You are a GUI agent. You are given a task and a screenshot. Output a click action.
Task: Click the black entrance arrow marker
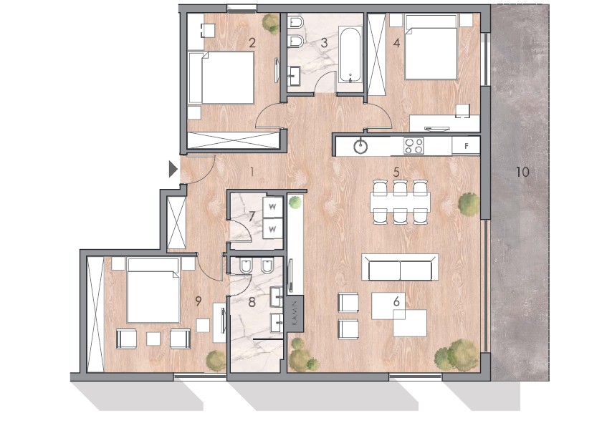[173, 170]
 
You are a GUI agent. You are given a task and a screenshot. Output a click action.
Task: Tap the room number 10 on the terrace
[522, 172]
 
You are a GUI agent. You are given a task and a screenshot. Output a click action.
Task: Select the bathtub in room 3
[350, 55]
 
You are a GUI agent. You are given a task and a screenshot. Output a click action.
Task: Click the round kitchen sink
[360, 146]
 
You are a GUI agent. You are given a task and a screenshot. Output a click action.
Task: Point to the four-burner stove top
[414, 146]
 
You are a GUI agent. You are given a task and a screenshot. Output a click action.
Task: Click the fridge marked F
[466, 146]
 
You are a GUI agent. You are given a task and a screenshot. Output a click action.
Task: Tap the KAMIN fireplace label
[295, 314]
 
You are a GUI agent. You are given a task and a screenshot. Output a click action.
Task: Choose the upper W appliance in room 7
[272, 207]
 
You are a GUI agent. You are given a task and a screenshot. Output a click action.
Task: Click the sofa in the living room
[400, 267]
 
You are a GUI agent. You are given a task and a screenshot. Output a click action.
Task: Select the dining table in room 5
[400, 202]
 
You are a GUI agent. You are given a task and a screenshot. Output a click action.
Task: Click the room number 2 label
[252, 42]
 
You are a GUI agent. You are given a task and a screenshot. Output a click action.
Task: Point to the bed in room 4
[431, 47]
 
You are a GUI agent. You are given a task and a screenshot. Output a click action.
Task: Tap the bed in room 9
[153, 291]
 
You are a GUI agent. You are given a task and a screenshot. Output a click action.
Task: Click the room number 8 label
[252, 302]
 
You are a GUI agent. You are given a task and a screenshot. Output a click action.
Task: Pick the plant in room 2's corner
[270, 23]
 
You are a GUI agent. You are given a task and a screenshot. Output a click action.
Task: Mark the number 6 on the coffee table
[396, 301]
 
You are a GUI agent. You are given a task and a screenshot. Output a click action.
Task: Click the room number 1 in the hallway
[252, 172]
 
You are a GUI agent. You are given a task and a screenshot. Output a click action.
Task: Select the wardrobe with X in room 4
[376, 54]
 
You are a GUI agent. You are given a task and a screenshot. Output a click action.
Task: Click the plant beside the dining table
[469, 203]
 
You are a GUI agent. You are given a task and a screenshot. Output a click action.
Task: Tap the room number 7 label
[252, 217]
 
